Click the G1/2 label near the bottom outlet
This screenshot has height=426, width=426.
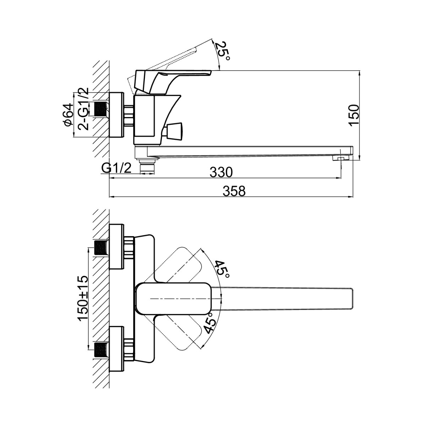[117, 168]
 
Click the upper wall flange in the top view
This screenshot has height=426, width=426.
[117, 247]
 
